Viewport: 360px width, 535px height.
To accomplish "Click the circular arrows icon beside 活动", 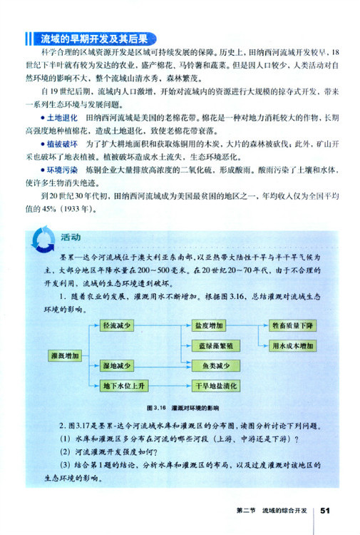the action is (x=46, y=239).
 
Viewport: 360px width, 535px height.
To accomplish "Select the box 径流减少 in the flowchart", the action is (x=118, y=326).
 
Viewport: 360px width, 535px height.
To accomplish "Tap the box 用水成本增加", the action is (x=292, y=345).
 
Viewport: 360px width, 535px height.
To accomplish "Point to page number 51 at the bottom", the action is (x=326, y=511).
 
